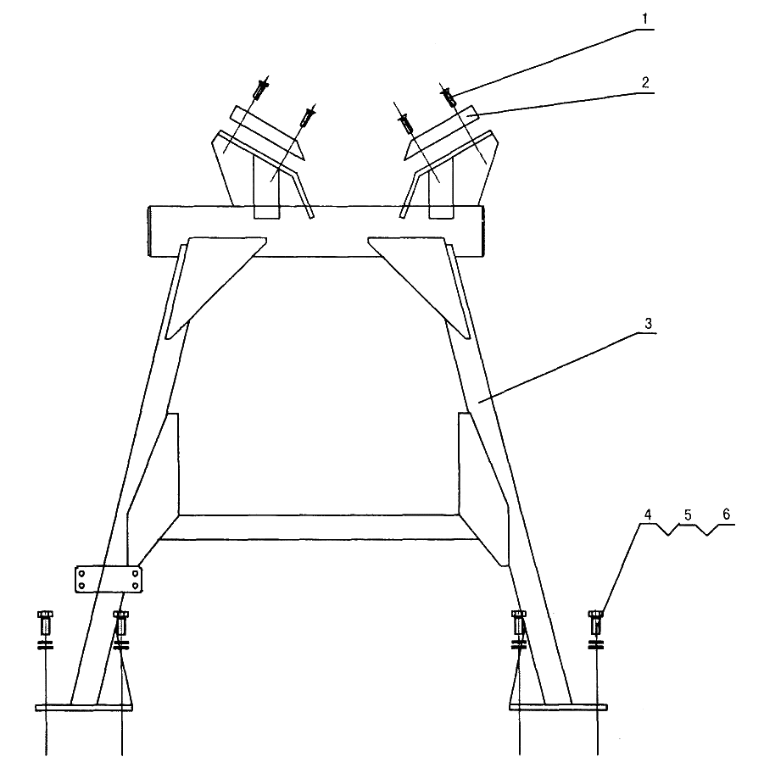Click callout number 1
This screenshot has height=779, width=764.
click(645, 19)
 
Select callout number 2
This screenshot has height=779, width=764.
click(645, 82)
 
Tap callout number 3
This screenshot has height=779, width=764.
click(648, 324)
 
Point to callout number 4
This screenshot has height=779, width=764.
click(648, 515)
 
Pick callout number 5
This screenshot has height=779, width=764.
click(688, 515)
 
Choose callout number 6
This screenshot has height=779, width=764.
click(726, 514)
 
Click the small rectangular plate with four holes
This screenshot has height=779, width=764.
click(109, 579)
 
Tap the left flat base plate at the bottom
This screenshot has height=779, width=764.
click(84, 707)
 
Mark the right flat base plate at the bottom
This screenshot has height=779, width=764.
click(558, 707)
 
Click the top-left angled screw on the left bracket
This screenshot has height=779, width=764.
click(261, 89)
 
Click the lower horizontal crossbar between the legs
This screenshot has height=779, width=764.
click(318, 527)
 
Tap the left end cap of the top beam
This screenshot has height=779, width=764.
click(148, 231)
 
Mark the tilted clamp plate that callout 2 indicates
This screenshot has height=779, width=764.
click(442, 132)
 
